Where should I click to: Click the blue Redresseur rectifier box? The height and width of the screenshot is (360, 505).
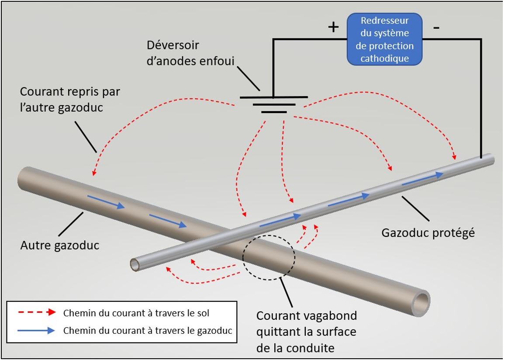[x=384, y=39]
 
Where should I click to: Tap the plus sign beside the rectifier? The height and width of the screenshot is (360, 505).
[x=333, y=27]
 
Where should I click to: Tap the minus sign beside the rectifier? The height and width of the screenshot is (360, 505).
[x=436, y=28]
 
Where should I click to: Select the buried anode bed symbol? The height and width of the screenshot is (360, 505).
[x=273, y=104]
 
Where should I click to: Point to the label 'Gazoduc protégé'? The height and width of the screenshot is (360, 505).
[x=428, y=232]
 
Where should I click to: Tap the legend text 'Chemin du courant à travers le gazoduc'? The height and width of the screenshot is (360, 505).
[x=148, y=331]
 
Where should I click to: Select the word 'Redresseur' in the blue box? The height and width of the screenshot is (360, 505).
[x=385, y=21]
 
